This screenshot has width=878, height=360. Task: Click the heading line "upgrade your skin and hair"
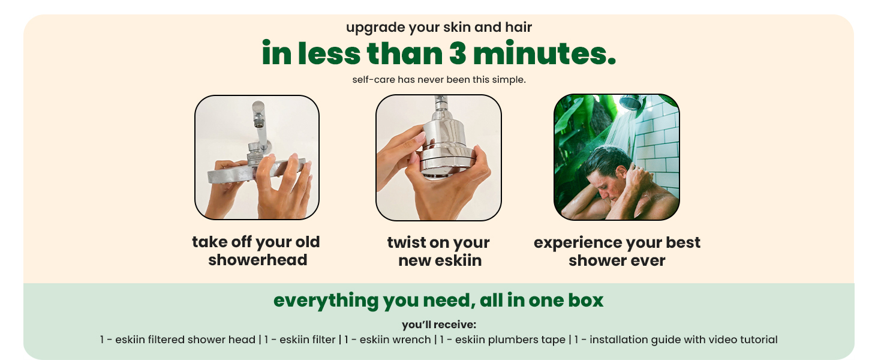click(438, 28)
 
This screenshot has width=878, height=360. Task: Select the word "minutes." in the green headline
click(545, 53)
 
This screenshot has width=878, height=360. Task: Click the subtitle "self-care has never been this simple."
click(438, 80)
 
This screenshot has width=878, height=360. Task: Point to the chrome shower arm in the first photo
click(260, 125)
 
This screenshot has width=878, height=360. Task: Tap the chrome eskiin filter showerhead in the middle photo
click(445, 145)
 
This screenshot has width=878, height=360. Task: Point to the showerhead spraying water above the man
click(632, 102)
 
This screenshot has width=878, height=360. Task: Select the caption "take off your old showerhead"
click(256, 251)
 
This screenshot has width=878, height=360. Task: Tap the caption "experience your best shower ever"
click(617, 251)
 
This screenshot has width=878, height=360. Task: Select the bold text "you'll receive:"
click(438, 325)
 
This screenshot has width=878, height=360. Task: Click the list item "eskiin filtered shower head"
click(185, 340)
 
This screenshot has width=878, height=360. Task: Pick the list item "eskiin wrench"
click(395, 340)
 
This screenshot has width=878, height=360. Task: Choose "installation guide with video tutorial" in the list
click(684, 340)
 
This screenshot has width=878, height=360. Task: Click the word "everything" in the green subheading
click(326, 301)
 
